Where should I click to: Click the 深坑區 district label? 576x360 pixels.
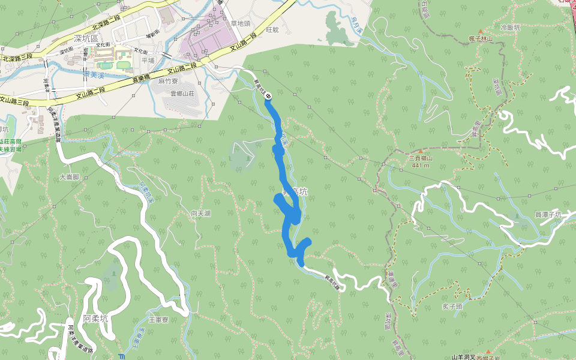tap(85, 38)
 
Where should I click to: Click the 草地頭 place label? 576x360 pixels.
tap(240, 23)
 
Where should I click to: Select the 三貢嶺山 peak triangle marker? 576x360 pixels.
tap(422, 151)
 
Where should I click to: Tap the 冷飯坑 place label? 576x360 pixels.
tap(511, 28)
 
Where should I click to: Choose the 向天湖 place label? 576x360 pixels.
tap(201, 214)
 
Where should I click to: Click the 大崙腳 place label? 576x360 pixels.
tap(70, 178)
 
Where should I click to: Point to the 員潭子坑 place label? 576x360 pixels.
tap(548, 214)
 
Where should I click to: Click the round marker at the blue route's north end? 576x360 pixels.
tap(269, 95)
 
